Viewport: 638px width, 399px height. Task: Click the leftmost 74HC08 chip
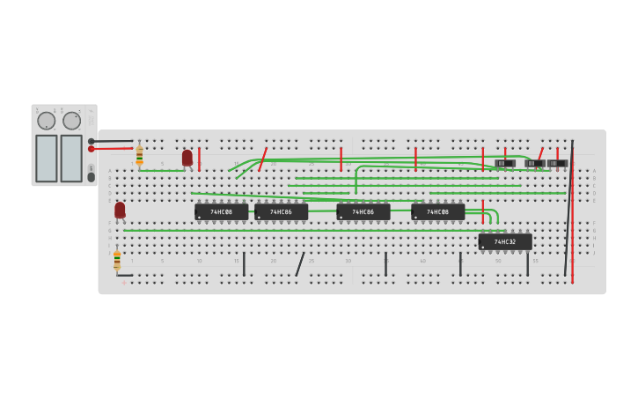(221, 212)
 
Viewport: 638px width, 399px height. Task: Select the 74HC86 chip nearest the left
(281, 212)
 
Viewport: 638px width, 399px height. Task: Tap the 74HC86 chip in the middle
(363, 212)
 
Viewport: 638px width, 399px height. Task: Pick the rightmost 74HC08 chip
(437, 212)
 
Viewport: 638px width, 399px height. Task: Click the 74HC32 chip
(504, 241)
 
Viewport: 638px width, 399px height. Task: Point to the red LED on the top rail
(187, 158)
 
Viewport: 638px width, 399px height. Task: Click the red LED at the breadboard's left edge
(120, 210)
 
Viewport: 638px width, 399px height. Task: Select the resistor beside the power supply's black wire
(139, 155)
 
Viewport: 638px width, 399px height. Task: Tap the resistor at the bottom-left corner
(117, 260)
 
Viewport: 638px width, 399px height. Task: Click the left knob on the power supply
(46, 121)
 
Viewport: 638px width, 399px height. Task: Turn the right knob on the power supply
(71, 121)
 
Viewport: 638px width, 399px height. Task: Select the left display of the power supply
(46, 159)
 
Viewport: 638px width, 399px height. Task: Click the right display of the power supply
(71, 159)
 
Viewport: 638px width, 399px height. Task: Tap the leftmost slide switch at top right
(505, 163)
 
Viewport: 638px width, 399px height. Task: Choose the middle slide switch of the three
(534, 163)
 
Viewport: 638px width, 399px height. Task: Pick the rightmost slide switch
(557, 163)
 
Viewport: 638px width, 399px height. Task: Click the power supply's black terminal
(91, 141)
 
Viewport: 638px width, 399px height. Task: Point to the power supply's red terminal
(91, 149)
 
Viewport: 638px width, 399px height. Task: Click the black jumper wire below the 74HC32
(527, 263)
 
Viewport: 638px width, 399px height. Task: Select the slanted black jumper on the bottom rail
(300, 264)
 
